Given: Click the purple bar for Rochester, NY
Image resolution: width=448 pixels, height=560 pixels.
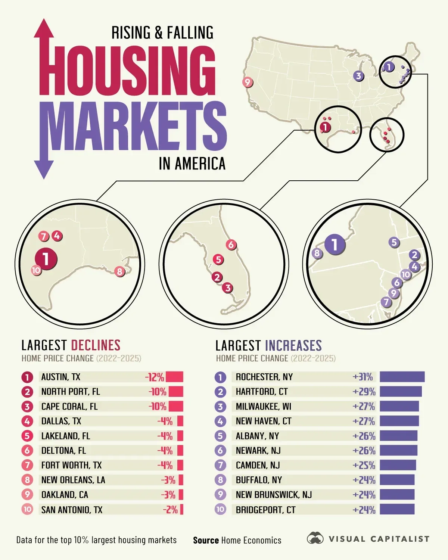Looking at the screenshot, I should click(402, 377).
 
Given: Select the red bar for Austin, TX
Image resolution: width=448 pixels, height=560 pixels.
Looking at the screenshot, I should click(174, 377).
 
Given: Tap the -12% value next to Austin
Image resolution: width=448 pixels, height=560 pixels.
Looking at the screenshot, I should click(155, 377).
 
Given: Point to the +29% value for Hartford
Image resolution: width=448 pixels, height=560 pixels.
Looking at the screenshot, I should click(364, 392).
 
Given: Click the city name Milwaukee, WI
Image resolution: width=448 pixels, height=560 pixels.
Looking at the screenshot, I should click(263, 406).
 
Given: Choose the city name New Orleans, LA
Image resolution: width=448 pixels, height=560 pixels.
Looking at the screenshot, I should click(73, 480).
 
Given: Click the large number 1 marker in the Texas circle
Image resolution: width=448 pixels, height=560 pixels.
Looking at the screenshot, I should click(46, 258).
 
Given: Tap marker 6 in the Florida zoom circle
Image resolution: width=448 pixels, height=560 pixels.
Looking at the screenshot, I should click(231, 245).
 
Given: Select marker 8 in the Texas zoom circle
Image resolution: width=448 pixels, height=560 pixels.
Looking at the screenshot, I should click(119, 271).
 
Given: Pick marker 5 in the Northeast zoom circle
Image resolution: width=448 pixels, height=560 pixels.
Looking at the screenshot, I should click(394, 242).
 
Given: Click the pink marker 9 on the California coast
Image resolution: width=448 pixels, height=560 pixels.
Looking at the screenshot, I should click(247, 82).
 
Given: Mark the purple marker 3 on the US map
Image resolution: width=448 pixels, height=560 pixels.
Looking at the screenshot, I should click(358, 76).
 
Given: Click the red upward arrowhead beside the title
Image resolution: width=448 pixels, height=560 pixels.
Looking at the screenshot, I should click(44, 29).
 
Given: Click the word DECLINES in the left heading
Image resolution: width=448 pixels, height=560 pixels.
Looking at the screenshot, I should click(96, 345).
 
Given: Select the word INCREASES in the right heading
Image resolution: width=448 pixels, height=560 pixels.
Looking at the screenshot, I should click(293, 345).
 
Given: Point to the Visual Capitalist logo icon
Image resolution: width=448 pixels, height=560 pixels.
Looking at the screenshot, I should click(315, 538).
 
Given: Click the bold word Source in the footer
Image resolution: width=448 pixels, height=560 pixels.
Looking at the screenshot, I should click(206, 540).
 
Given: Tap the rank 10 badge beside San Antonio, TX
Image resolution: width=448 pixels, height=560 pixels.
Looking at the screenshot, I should click(27, 509).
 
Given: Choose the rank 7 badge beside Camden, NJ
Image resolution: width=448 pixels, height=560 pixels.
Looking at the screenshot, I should click(220, 465).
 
